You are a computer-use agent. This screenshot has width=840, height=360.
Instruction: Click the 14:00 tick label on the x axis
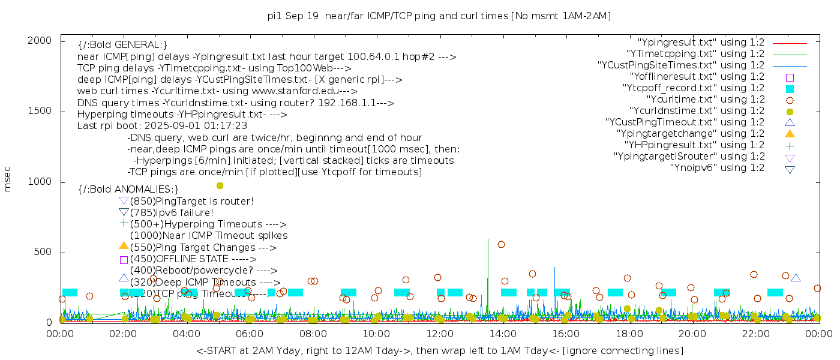[502, 333]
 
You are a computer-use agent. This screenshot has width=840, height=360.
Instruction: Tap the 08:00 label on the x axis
[313, 333]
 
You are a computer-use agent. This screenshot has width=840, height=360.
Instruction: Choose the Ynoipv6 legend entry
[717, 168]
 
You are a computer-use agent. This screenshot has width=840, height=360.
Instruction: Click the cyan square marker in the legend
[790, 88]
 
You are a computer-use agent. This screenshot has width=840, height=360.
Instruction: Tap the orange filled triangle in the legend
[790, 134]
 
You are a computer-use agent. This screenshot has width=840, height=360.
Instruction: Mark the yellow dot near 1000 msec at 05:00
[220, 185]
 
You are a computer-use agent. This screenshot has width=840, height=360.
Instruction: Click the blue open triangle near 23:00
[796, 278]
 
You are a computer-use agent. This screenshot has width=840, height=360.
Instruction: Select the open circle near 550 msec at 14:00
[501, 244]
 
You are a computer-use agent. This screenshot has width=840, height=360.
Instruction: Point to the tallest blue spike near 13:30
[488, 240]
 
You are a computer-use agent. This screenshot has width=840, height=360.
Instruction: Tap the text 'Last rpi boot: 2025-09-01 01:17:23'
[162, 126]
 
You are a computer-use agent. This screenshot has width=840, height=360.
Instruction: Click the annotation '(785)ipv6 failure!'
[172, 212]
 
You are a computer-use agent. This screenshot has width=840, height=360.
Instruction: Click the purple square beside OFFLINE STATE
[124, 260]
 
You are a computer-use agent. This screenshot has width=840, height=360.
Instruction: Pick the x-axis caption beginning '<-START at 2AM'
[439, 350]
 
